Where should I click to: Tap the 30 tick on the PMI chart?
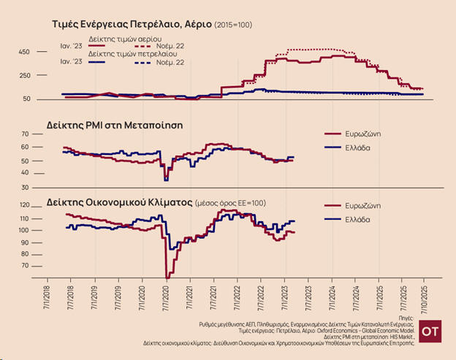coord(44,188)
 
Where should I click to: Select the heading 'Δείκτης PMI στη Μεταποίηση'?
coord(114,125)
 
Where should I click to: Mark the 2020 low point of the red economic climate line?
coord(167,278)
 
